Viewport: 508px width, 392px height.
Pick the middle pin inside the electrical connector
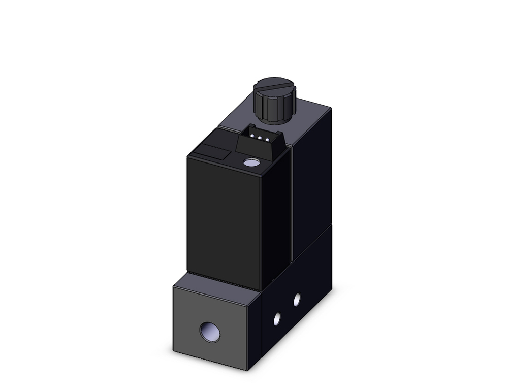[259, 137]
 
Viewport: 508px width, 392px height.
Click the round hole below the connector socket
[251, 163]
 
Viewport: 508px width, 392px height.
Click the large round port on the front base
[210, 332]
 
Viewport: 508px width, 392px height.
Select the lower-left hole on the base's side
[277, 318]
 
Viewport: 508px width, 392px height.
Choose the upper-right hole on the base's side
[297, 300]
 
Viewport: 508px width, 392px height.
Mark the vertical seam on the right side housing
[292, 203]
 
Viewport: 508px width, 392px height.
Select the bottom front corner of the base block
[247, 370]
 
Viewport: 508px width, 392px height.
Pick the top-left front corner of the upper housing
[188, 156]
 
